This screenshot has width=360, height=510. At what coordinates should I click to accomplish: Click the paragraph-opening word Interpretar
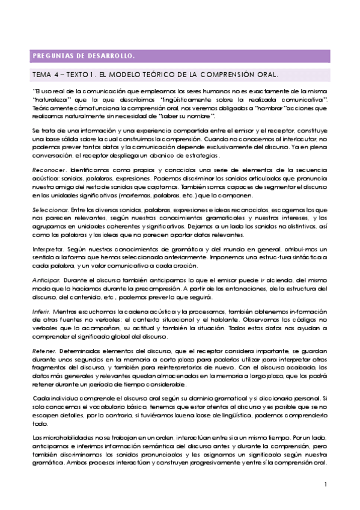tap(47, 248)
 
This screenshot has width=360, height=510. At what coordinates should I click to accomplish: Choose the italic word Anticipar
tap(46, 280)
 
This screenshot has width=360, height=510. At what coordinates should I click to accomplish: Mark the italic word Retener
tap(44, 351)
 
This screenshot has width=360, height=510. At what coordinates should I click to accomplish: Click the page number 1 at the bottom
tap(325, 484)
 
